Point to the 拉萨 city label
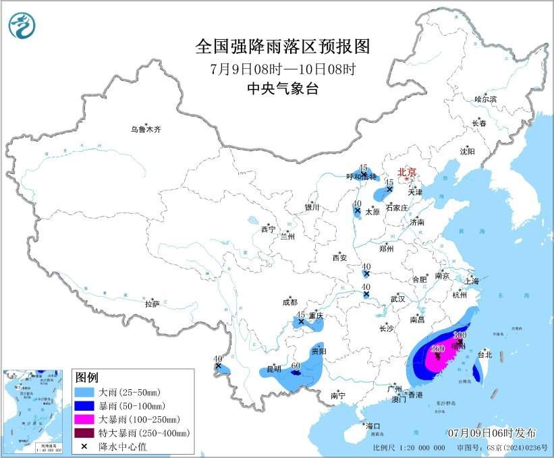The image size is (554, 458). pos(153,304)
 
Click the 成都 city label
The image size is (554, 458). pos(290,302)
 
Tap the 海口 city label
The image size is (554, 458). pos(373,426)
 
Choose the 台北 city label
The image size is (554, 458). pos(484,354)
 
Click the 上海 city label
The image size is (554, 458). pos(472,281)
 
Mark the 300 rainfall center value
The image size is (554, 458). pos(460,335)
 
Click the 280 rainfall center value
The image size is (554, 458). pos(437,348)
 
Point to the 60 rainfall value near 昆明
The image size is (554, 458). pos(295,366)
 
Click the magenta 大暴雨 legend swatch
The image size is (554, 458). pos(85,419)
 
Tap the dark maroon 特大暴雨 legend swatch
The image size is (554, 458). pos(85,432)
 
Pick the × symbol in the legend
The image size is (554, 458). pos(85,446)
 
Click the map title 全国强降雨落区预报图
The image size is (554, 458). pos(283,47)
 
